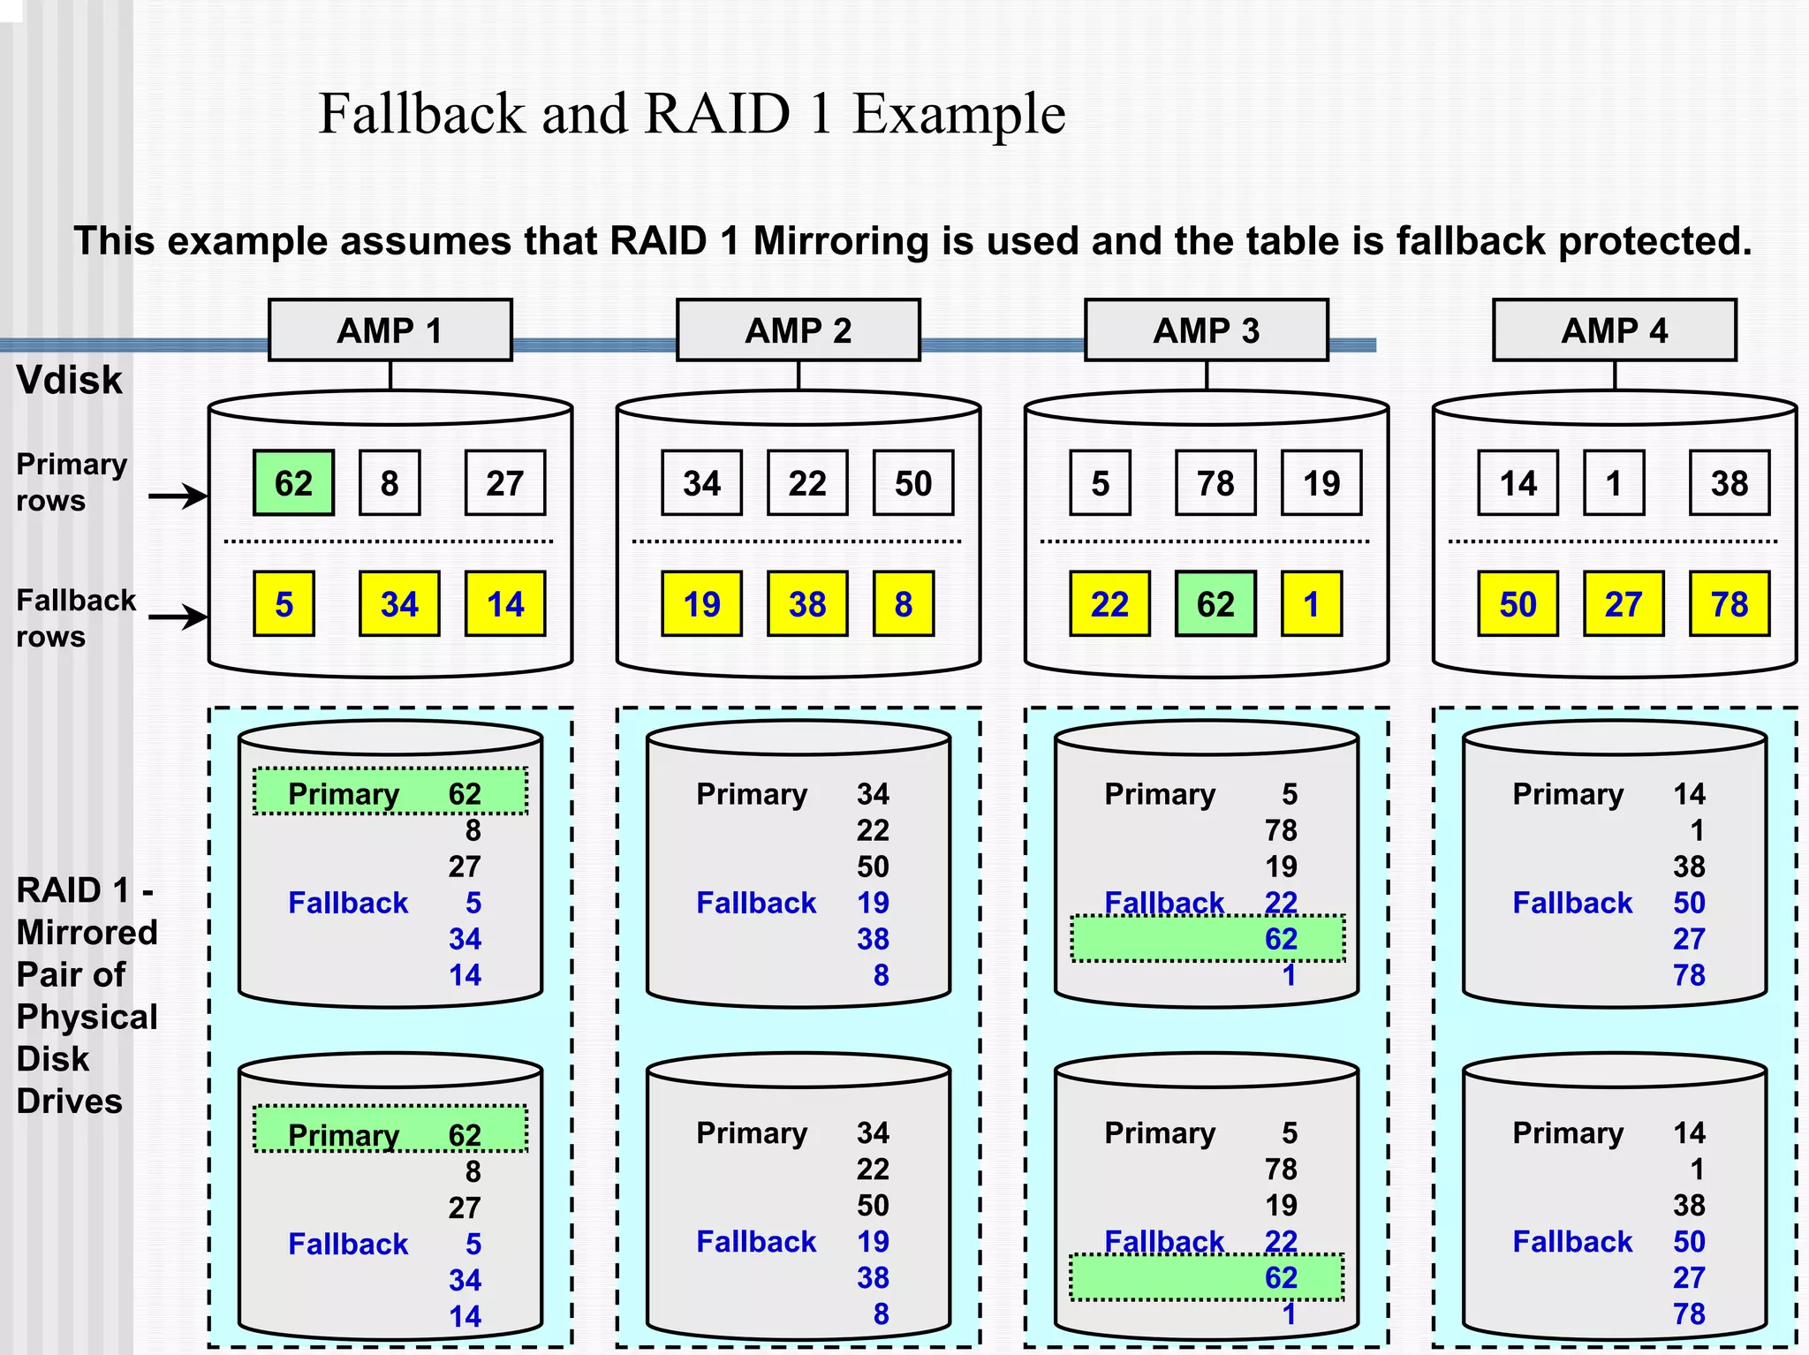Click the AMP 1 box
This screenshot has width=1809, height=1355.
pyautogui.click(x=390, y=330)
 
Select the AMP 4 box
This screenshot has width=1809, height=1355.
pyautogui.click(x=1614, y=330)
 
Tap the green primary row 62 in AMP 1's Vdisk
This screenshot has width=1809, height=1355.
pyautogui.click(x=293, y=483)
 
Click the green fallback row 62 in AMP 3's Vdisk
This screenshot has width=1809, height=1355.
pyautogui.click(x=1215, y=604)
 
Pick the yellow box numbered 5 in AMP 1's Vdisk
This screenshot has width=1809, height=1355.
pyautogui.click(x=284, y=604)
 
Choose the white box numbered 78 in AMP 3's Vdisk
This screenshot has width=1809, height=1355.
pyautogui.click(x=1215, y=483)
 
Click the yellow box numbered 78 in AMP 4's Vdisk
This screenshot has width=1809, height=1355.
pyautogui.click(x=1729, y=604)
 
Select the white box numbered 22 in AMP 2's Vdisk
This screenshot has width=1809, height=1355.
pyautogui.click(x=807, y=483)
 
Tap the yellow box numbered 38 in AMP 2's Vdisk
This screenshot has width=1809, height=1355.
pyautogui.click(x=807, y=604)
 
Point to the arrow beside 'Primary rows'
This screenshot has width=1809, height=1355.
pyautogui.click(x=178, y=496)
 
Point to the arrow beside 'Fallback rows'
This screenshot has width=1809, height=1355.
pyautogui.click(x=178, y=617)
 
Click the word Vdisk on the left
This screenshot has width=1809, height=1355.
pyautogui.click(x=69, y=381)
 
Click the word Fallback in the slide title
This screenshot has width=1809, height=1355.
pyautogui.click(x=421, y=114)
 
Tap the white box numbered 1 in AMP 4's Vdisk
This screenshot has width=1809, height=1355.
pyautogui.click(x=1614, y=483)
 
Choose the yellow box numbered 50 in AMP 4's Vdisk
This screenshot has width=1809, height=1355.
pyautogui.click(x=1518, y=604)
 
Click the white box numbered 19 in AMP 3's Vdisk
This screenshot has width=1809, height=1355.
pyautogui.click(x=1321, y=483)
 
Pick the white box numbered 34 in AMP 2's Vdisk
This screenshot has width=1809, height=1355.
pyautogui.click(x=701, y=483)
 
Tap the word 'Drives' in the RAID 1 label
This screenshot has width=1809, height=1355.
pyautogui.click(x=69, y=1101)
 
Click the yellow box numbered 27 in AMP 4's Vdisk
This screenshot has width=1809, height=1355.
pyautogui.click(x=1624, y=604)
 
